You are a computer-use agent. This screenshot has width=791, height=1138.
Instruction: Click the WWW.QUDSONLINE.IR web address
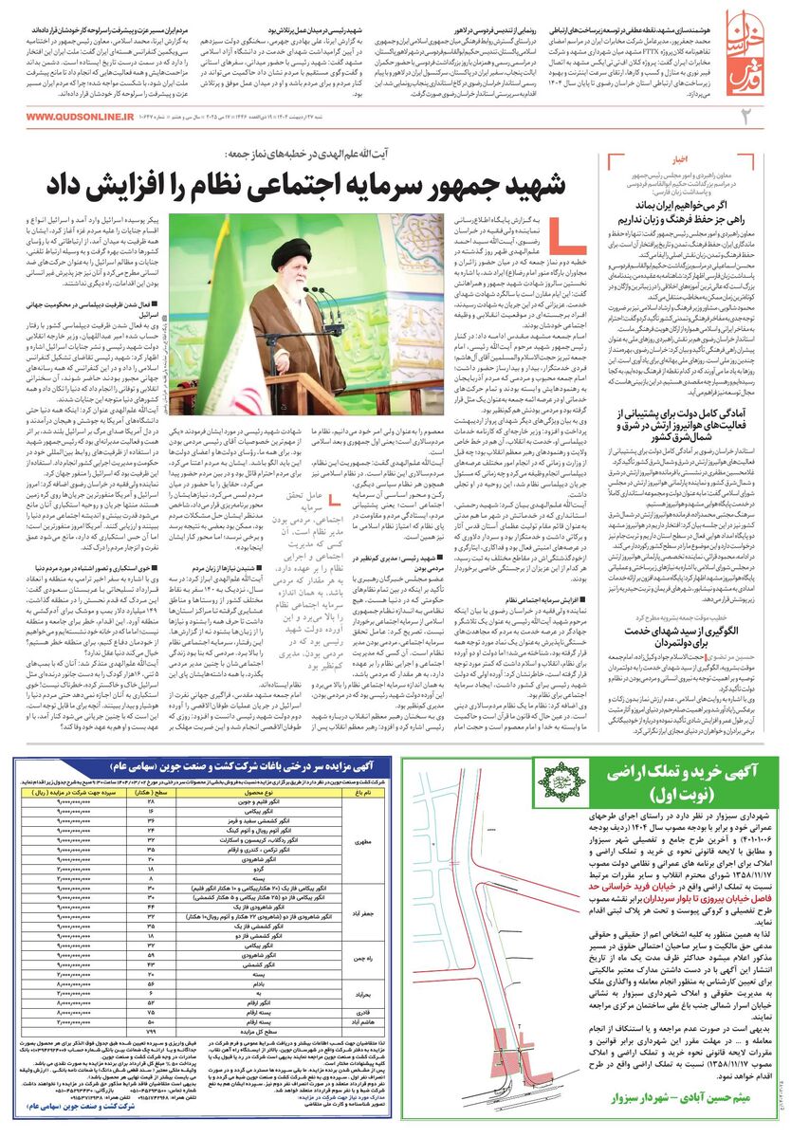80,117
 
